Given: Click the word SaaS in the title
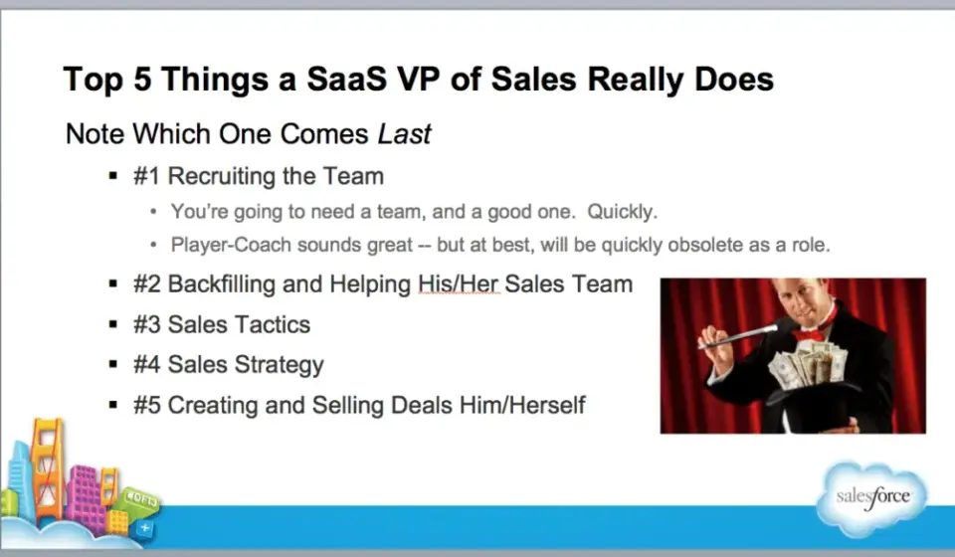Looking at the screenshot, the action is pos(346,80).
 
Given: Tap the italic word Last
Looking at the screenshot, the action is pos(404,134).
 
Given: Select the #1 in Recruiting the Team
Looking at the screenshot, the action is pos(147,176).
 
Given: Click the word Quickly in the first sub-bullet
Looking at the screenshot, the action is pos(622,211).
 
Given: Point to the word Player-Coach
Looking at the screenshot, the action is pos(231,245).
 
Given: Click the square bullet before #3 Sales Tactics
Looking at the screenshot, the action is pos(112,324).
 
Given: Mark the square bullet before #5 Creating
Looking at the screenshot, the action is pos(112,405).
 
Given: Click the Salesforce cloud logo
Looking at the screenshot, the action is pos(872,498).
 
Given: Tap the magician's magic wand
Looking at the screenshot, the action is pos(738,337).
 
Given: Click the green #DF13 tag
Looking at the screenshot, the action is pos(141,499).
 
